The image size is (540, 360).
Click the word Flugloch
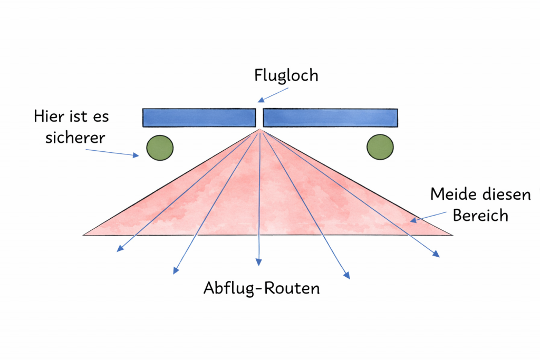tap(286, 75)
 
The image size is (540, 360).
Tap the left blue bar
tap(199, 118)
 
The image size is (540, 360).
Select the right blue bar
tap(330, 118)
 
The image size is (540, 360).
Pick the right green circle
tap(380, 147)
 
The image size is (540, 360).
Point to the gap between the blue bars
tap(259, 117)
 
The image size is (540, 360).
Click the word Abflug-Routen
tap(262, 288)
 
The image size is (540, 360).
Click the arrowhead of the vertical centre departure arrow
tap(258, 261)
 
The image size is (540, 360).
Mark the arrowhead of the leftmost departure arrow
tap(119, 249)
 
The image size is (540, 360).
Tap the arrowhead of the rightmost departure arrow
tap(437, 255)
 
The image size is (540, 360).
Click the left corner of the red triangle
tap(85, 234)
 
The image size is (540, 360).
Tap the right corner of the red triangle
tap(451, 235)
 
